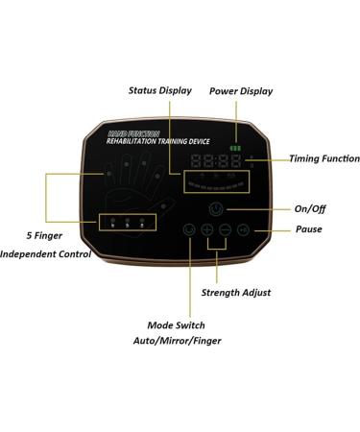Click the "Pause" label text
308,229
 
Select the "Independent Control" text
45,254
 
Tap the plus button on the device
206,230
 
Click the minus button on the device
225,230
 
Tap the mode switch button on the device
189,230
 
